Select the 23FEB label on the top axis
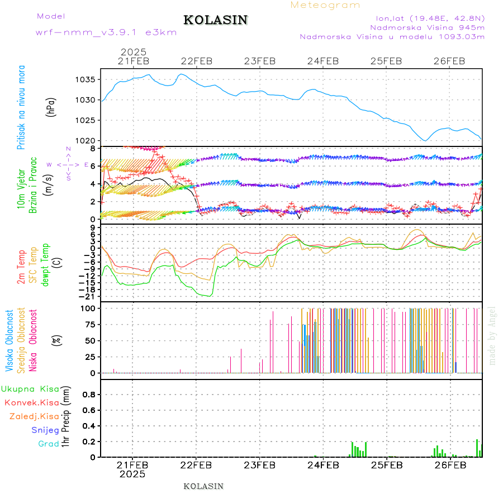[x=260, y=61]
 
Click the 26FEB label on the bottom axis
[x=450, y=465]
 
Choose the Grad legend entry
[x=49, y=444]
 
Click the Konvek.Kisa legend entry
[x=32, y=402]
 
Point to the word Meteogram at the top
[x=326, y=5]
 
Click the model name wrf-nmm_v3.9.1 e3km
[x=106, y=32]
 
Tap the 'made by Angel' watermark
[x=492, y=335]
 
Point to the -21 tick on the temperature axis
[x=88, y=296]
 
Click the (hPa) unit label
[x=51, y=106]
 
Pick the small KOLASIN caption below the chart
[x=203, y=486]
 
